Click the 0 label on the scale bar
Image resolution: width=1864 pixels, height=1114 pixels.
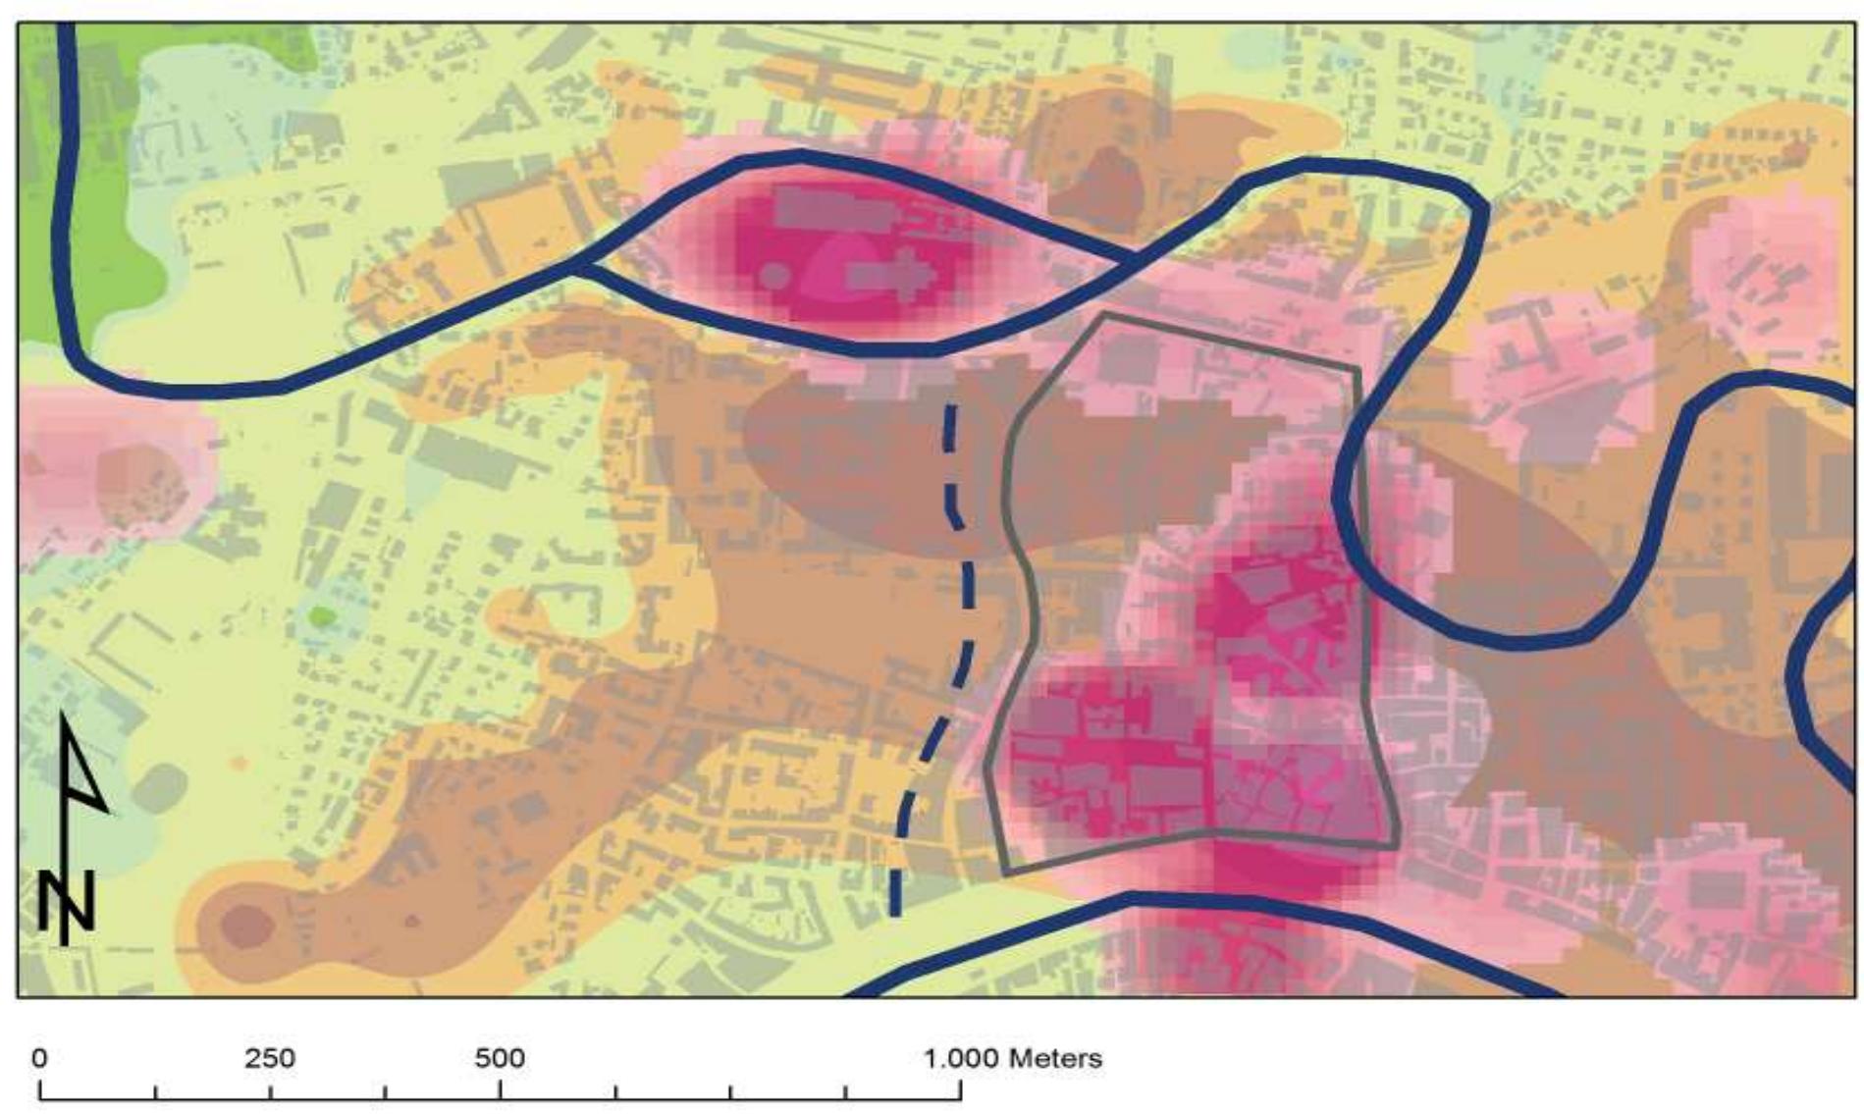pyautogui.click(x=39, y=1058)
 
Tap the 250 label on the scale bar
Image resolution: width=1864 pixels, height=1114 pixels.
pyautogui.click(x=270, y=1058)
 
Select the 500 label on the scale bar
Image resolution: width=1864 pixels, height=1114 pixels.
pyautogui.click(x=500, y=1058)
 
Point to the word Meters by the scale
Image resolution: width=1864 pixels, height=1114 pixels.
pyautogui.click(x=1055, y=1058)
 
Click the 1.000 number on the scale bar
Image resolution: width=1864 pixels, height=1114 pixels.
pyautogui.click(x=961, y=1058)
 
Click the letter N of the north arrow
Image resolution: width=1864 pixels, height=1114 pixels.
pyautogui.click(x=67, y=900)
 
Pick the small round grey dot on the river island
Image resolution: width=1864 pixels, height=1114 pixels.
pyautogui.click(x=775, y=276)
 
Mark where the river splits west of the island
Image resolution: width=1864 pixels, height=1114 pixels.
pyautogui.click(x=579, y=263)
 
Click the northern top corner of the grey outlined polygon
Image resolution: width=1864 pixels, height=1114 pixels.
pyautogui.click(x=1103, y=315)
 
